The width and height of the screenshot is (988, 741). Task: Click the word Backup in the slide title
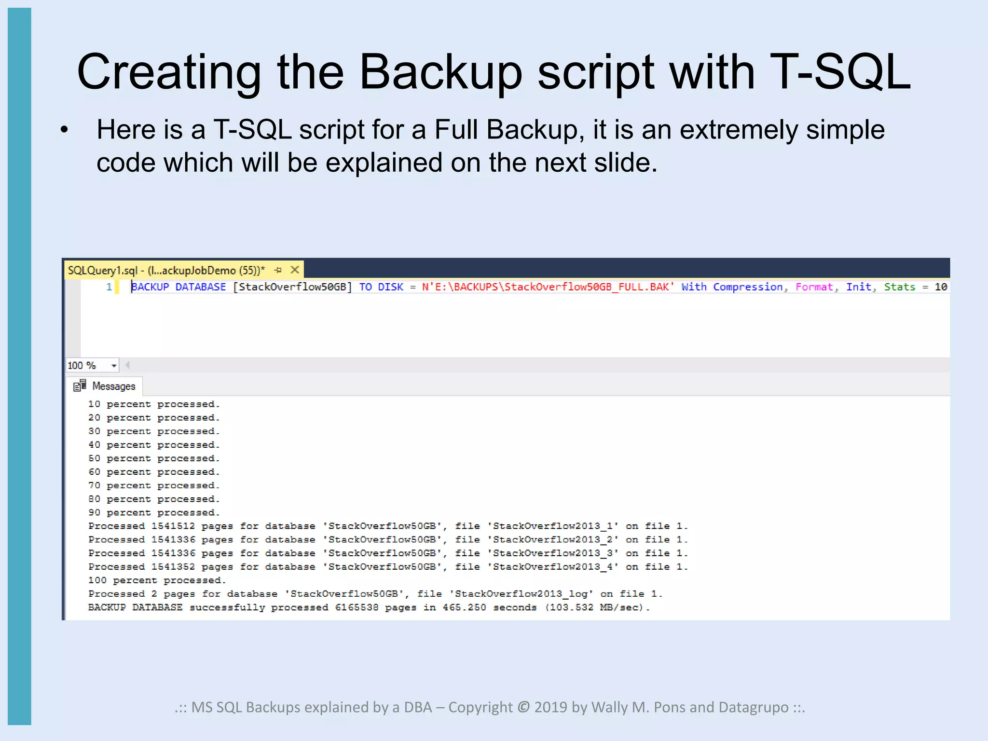tap(440, 72)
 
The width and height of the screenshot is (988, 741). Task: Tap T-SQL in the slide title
tap(839, 72)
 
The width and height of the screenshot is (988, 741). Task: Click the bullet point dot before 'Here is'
tap(65, 130)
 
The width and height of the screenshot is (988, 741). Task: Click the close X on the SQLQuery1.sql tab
tap(295, 270)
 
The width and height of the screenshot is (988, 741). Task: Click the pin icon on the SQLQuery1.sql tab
tap(278, 270)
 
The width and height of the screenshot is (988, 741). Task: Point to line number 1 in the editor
tap(109, 287)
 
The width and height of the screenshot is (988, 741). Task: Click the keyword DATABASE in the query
tap(200, 287)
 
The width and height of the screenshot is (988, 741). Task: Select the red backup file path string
tap(548, 287)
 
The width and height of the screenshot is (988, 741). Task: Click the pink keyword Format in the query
tap(814, 287)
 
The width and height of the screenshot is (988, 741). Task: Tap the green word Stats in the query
tap(899, 287)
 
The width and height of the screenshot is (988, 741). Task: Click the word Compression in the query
tap(748, 287)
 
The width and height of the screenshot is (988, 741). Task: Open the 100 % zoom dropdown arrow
tap(114, 366)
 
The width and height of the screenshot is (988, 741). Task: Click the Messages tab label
tap(113, 386)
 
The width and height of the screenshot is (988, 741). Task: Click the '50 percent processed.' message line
tap(153, 458)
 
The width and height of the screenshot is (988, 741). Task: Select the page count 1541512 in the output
tap(173, 526)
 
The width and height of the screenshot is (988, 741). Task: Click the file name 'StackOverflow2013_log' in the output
tap(521, 594)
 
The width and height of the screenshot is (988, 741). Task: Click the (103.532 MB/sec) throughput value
tap(597, 607)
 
